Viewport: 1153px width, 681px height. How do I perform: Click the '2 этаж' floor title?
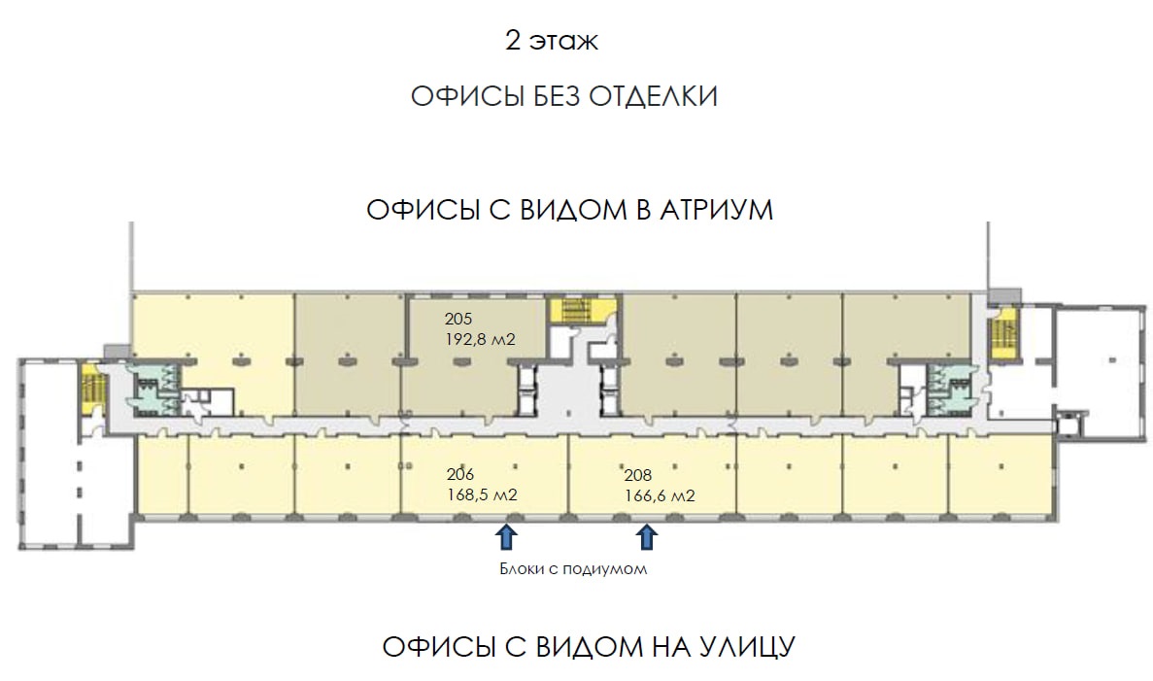click(552, 41)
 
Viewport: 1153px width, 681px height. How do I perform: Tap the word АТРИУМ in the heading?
click(716, 211)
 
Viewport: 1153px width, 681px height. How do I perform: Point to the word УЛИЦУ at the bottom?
click(743, 647)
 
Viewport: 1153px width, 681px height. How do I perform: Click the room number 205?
click(458, 320)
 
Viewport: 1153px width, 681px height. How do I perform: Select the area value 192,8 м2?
click(480, 340)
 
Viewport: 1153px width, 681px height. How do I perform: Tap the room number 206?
click(460, 475)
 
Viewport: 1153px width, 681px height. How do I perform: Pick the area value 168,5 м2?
click(483, 494)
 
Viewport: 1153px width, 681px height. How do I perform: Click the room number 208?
click(638, 476)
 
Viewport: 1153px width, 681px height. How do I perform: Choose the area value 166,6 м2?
click(660, 496)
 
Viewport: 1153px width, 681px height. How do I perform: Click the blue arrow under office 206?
click(505, 537)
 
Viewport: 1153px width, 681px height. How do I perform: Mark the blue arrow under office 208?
click(646, 537)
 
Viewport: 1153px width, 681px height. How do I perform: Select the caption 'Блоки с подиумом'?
click(573, 569)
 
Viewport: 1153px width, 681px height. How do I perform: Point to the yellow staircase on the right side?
click(1002, 334)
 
